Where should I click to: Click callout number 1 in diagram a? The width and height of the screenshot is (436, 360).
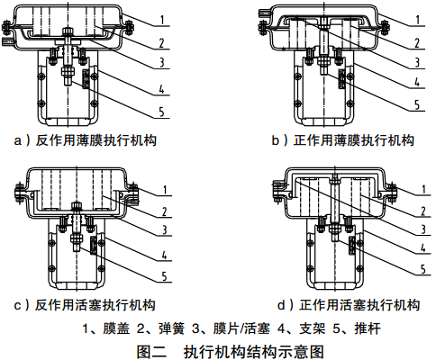162,20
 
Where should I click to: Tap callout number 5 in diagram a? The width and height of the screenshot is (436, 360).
162,112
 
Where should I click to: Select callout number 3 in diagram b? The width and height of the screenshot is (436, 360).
417,62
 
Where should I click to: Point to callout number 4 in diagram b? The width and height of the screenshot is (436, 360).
417,81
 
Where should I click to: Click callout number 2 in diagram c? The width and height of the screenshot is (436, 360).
164,211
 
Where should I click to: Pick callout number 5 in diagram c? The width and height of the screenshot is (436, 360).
164,276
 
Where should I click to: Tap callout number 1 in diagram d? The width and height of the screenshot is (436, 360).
424,189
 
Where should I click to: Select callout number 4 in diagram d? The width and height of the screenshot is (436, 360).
423,247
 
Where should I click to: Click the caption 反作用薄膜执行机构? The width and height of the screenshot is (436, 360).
96,140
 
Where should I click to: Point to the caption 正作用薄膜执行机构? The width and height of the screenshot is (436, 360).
354,140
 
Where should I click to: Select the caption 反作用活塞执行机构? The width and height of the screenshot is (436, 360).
95,305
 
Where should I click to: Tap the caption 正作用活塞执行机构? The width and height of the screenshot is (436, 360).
359,305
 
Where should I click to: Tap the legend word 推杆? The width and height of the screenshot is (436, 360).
368,328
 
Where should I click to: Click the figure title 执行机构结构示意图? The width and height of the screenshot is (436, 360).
254,351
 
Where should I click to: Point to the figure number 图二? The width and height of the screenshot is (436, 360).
151,351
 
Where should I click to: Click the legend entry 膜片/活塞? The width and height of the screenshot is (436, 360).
241,328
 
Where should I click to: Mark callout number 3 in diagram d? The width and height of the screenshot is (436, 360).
423,229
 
